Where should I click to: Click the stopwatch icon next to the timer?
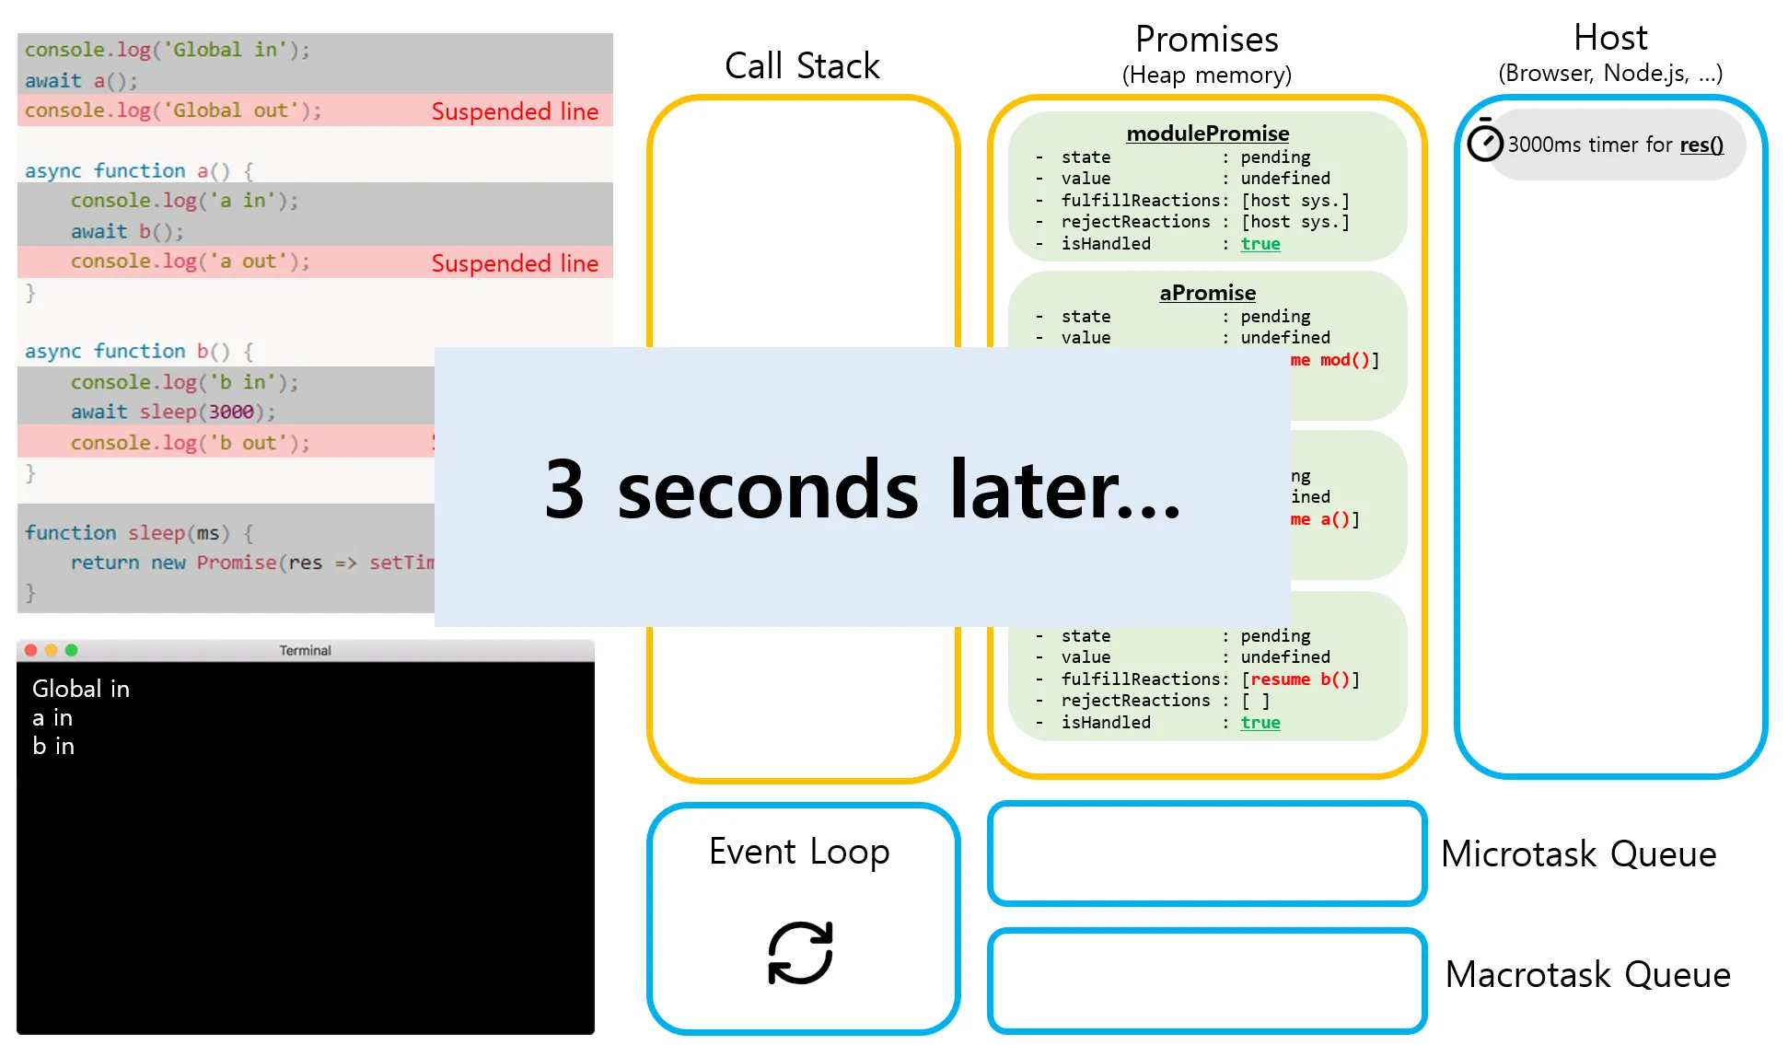click(1484, 143)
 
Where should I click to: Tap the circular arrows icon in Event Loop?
click(800, 953)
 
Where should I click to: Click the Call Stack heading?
click(802, 66)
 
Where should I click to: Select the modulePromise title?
click(1207, 134)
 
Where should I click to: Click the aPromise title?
click(1207, 293)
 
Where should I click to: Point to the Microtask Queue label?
click(1578, 854)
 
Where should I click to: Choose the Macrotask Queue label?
click(1587, 974)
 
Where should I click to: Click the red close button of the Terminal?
click(30, 650)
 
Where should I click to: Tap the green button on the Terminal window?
click(72, 650)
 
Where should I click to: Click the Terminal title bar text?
click(305, 651)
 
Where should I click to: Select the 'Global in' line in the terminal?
click(81, 689)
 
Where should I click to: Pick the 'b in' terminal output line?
click(53, 746)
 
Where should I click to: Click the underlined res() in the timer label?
click(1701, 145)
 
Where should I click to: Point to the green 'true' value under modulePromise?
click(1260, 244)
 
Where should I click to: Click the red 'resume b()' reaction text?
click(1299, 679)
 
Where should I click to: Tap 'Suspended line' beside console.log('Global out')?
click(515, 111)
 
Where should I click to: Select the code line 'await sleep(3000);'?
click(173, 412)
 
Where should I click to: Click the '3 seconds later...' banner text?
click(862, 489)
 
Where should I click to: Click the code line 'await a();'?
click(81, 81)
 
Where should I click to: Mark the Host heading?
click(1609, 38)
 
